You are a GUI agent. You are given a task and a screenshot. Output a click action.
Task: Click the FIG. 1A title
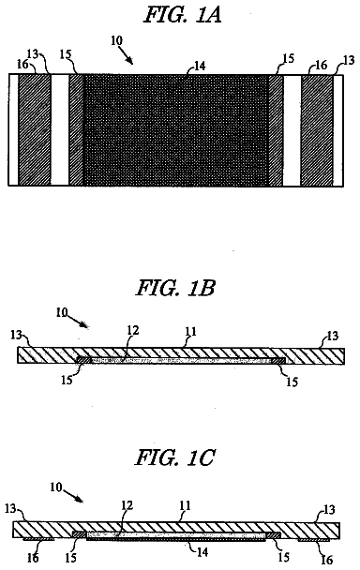(x=183, y=15)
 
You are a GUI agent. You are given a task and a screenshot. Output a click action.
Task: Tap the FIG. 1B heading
(x=175, y=288)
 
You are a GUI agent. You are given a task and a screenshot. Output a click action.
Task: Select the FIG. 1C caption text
(x=175, y=457)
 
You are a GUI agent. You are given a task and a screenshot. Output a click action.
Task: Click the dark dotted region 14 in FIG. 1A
(x=176, y=130)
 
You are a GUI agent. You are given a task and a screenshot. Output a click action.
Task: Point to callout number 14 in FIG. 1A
(x=200, y=66)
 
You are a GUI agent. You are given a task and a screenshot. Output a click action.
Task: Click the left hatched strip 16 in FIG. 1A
(x=35, y=130)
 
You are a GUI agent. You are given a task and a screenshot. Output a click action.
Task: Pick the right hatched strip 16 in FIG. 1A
(x=317, y=130)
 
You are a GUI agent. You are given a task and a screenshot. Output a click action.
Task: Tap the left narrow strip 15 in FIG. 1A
(x=76, y=130)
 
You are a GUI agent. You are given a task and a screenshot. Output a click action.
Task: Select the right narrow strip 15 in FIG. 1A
(x=276, y=130)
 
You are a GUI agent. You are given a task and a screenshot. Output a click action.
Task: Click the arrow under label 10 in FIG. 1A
(x=126, y=55)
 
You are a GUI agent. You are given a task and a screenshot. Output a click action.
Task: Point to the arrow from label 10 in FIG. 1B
(x=78, y=322)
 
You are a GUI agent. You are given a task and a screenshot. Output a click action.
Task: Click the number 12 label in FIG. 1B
(x=133, y=330)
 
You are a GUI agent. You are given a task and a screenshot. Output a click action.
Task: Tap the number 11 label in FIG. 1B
(x=191, y=331)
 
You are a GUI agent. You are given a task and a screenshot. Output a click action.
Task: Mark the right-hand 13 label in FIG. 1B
(x=333, y=336)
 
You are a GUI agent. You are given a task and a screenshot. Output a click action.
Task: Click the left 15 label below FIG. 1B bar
(x=67, y=380)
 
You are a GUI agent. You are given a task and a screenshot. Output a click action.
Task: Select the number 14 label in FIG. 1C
(x=202, y=551)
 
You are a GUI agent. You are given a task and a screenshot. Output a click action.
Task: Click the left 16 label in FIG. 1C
(x=33, y=557)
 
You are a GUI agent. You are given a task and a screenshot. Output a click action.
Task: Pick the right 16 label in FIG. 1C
(x=327, y=559)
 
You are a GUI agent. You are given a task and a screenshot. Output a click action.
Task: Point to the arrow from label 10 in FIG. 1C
(x=73, y=496)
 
